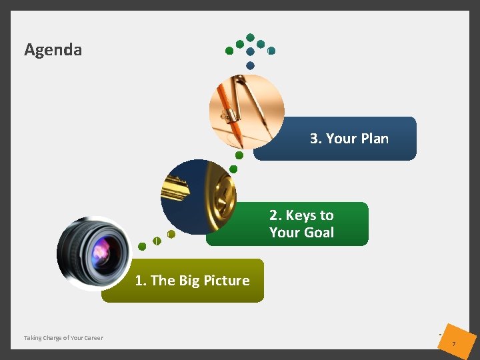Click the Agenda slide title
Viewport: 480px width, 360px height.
(53, 50)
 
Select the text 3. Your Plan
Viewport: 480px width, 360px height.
(349, 139)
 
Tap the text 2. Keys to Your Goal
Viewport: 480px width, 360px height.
(301, 224)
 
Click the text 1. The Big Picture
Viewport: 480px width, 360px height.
(192, 281)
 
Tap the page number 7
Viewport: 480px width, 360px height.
(453, 343)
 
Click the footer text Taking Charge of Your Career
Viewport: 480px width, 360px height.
(63, 338)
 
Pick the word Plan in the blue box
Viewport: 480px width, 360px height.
(374, 139)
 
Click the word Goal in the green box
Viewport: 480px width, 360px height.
(318, 233)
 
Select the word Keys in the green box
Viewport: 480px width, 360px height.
(301, 215)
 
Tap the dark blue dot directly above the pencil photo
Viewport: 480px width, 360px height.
(250, 65)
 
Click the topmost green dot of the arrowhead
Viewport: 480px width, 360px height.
(250, 37)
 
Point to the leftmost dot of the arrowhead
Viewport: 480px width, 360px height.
(229, 51)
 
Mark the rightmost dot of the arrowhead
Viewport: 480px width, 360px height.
(271, 51)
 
